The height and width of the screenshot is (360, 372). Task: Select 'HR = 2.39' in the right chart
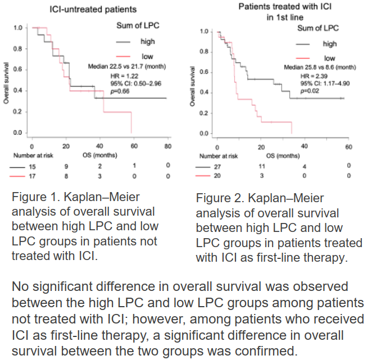(x=312, y=75)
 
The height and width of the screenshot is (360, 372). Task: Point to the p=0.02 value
(x=310, y=90)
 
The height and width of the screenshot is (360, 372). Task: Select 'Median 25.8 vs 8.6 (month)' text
(x=320, y=67)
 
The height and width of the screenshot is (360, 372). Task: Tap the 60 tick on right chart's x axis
(x=348, y=147)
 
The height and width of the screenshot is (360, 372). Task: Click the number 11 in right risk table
(x=261, y=167)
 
